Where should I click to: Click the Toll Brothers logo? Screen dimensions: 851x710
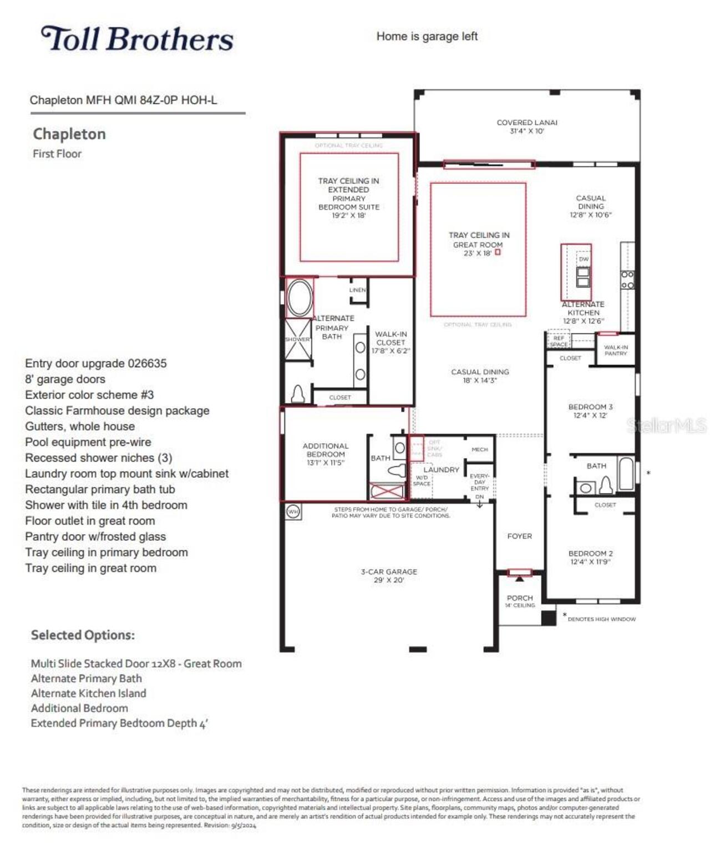point(137,39)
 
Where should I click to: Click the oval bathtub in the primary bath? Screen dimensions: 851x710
point(300,298)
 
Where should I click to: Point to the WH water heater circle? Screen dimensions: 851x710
point(293,511)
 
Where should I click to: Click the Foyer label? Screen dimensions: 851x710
point(519,536)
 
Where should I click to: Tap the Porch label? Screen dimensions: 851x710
point(520,598)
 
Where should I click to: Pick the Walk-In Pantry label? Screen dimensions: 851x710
point(616,350)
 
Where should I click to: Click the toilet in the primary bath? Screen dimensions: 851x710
point(298,393)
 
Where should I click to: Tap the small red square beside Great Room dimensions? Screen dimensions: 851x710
point(498,252)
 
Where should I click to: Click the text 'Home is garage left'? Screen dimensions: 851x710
point(427,37)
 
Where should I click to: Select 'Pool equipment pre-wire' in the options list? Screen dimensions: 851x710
point(88,442)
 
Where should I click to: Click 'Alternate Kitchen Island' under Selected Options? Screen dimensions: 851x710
point(88,693)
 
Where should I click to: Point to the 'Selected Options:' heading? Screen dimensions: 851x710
point(83,635)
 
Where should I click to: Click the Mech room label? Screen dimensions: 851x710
point(479,449)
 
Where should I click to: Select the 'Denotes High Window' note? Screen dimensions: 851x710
point(601,619)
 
